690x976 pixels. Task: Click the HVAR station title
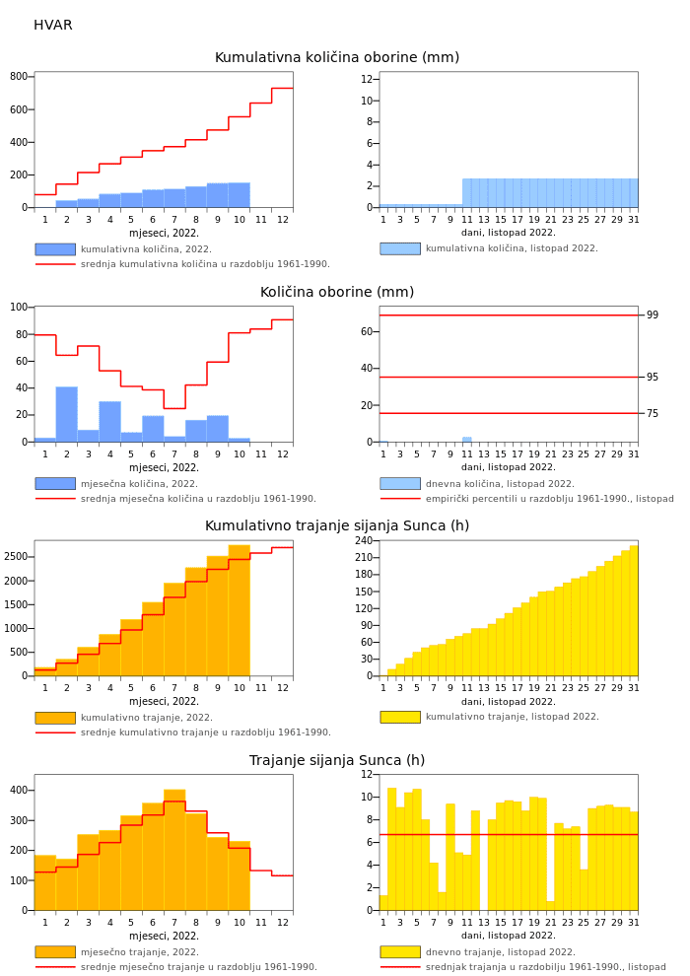(x=53, y=26)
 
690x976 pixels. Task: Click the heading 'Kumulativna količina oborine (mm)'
(x=337, y=58)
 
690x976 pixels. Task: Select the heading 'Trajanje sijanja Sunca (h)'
(x=337, y=761)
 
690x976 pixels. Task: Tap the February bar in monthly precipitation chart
(x=67, y=414)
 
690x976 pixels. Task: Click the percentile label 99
(x=653, y=315)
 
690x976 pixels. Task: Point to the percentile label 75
(x=653, y=414)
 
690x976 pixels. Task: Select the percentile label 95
(x=653, y=378)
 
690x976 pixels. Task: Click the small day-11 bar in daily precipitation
(x=467, y=440)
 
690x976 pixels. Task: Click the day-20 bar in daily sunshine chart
(x=542, y=854)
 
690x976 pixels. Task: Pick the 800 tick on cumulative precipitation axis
(x=19, y=77)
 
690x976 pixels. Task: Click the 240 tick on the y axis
(x=365, y=541)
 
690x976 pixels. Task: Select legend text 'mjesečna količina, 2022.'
(x=139, y=484)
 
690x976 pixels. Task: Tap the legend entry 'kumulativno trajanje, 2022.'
(x=147, y=718)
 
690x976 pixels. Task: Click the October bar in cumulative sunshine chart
(x=239, y=610)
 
